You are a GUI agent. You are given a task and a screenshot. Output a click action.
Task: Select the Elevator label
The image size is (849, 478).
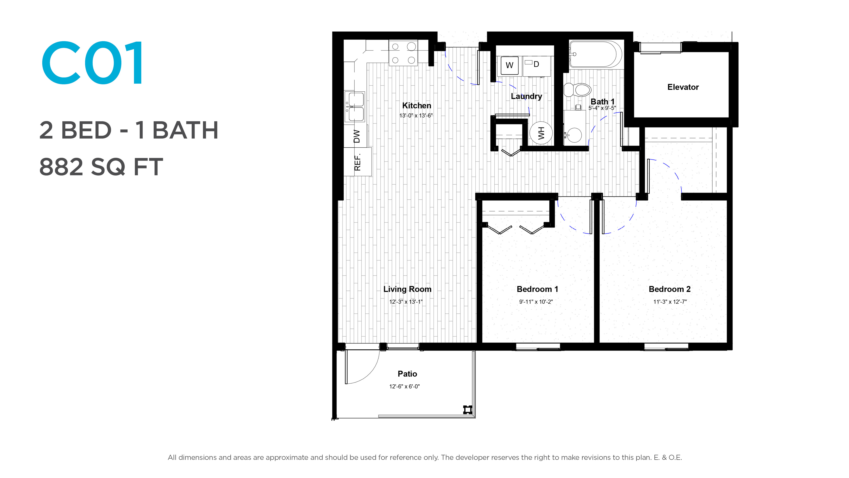683,87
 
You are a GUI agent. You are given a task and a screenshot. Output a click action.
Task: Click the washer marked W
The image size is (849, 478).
510,65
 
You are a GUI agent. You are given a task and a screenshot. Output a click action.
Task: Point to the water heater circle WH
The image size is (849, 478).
541,133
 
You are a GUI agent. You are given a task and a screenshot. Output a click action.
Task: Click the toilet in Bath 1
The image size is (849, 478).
577,90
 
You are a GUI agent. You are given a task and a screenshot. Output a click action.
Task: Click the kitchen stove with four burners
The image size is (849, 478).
403,53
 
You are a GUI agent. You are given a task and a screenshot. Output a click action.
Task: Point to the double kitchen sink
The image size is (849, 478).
355,106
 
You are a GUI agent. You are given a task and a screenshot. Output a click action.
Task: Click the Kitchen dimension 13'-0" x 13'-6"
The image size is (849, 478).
416,116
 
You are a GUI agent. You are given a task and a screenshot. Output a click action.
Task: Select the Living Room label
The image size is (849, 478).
407,289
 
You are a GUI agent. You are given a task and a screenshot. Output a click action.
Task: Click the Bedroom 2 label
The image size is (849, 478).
670,289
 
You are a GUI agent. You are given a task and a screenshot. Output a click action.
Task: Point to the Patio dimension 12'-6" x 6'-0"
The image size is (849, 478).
404,387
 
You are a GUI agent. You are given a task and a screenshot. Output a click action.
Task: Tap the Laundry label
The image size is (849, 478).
526,96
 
